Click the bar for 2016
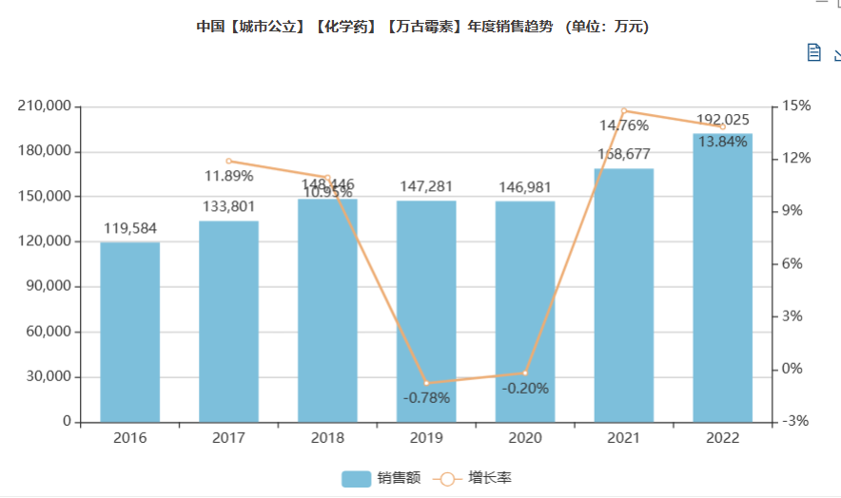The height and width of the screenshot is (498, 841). click(x=130, y=332)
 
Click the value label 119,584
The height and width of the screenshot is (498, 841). click(x=130, y=228)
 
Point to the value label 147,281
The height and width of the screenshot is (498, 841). click(x=426, y=186)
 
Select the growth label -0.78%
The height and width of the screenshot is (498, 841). click(x=426, y=398)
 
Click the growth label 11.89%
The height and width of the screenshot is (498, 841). click(x=229, y=176)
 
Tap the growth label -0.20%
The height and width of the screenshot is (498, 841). click(x=525, y=388)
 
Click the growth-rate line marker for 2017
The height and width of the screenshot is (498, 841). click(x=229, y=161)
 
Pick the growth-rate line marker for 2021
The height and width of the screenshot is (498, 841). click(x=624, y=110)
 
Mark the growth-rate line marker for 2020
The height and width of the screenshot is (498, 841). click(x=525, y=373)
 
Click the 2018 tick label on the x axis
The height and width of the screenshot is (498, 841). click(x=327, y=438)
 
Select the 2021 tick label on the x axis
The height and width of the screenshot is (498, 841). click(x=624, y=438)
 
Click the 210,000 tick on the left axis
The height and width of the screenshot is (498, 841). click(x=44, y=106)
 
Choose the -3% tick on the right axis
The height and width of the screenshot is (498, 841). click(x=797, y=422)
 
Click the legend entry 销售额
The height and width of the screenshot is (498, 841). click(x=381, y=478)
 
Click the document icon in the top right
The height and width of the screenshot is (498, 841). click(x=813, y=52)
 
